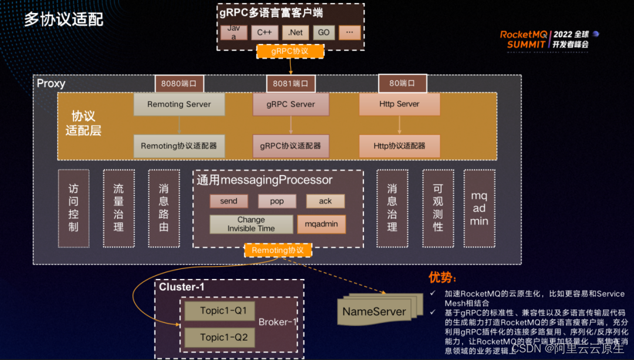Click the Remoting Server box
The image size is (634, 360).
(178, 104)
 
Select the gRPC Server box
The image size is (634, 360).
(291, 104)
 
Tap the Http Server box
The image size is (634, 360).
(399, 104)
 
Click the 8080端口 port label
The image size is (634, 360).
(179, 83)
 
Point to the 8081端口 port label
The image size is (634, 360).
(290, 83)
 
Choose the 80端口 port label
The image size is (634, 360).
(402, 83)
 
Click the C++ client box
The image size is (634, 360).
(264, 32)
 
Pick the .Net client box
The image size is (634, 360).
(295, 32)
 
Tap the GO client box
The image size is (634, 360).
(324, 32)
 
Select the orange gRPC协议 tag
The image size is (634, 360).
(290, 51)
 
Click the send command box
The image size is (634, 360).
(228, 201)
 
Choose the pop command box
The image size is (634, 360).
(277, 201)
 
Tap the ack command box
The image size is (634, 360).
(325, 201)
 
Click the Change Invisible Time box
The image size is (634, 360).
(251, 224)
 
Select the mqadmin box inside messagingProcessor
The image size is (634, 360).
(321, 224)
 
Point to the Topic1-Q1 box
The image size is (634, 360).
(220, 310)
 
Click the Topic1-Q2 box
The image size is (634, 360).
(220, 337)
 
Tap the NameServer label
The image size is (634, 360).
(374, 311)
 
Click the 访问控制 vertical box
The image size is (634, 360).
(73, 208)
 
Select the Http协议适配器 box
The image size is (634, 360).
(399, 146)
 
